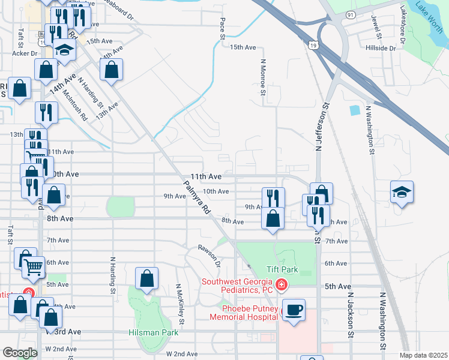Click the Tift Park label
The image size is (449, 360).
281,270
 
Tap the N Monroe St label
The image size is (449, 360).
262,76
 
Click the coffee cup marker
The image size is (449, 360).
293,311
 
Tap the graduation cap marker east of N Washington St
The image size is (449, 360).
402,192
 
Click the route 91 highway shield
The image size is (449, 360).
349,14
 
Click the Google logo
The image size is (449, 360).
20,353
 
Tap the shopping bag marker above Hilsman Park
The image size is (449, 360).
146,279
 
